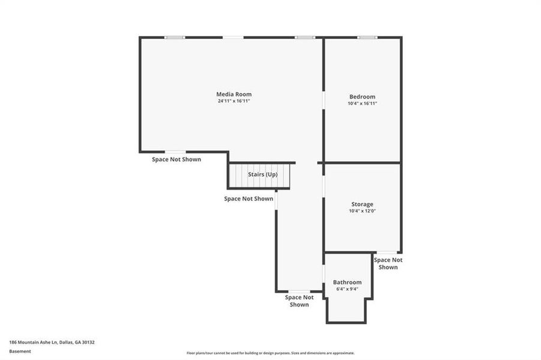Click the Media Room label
click(x=234, y=94)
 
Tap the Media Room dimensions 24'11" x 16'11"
click(x=234, y=101)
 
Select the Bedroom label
click(x=362, y=97)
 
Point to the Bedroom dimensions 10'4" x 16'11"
click(x=362, y=104)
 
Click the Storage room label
click(x=362, y=205)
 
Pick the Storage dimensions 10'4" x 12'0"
click(x=362, y=211)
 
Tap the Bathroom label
click(x=347, y=282)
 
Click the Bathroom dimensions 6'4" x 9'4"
click(x=347, y=289)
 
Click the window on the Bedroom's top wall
click(x=367, y=38)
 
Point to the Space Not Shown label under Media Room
click(x=176, y=160)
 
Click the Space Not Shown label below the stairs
click(x=249, y=199)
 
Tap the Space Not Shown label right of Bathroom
click(x=388, y=263)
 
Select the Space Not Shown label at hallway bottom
click(x=299, y=301)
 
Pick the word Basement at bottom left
click(x=20, y=351)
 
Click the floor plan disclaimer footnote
click(x=270, y=353)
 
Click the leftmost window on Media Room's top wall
click(x=175, y=38)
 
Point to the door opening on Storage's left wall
click(x=324, y=186)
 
